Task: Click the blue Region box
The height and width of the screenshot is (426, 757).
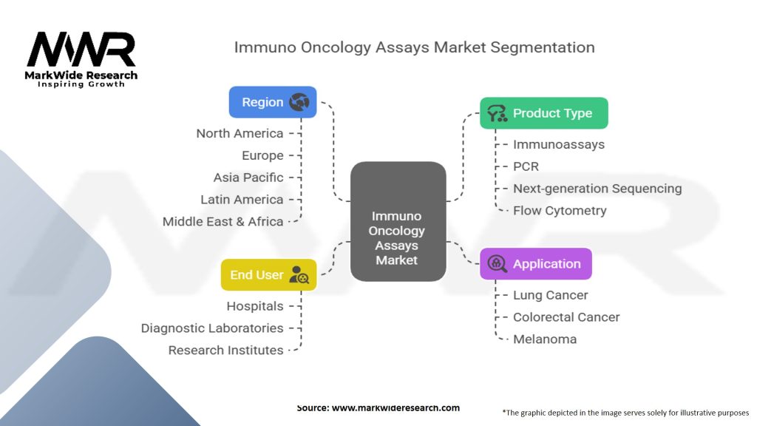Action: [273, 102]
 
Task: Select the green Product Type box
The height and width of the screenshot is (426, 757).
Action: [543, 113]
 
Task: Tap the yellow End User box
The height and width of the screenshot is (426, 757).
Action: [268, 274]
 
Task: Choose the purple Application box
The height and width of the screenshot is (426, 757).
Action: [535, 263]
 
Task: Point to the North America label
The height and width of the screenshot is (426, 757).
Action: [240, 133]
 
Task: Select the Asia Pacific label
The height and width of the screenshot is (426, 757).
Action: [248, 177]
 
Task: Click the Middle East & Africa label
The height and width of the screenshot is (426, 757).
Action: [223, 221]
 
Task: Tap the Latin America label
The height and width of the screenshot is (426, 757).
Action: [242, 200]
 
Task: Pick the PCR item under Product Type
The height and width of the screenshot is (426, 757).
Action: [526, 166]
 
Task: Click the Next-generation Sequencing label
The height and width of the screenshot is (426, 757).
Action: [597, 189]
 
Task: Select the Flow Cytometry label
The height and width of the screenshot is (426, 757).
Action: [560, 211]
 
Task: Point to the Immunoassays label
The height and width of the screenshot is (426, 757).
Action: [559, 144]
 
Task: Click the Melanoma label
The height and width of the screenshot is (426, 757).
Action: [545, 339]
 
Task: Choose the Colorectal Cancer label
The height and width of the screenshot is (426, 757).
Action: [566, 317]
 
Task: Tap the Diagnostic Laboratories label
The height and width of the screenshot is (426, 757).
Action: [212, 328]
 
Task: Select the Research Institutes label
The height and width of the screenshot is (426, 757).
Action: [225, 351]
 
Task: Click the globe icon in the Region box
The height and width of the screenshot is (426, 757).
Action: [299, 102]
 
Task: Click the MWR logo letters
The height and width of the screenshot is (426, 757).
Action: [81, 50]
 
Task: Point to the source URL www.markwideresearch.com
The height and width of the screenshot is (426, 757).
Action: [396, 408]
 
